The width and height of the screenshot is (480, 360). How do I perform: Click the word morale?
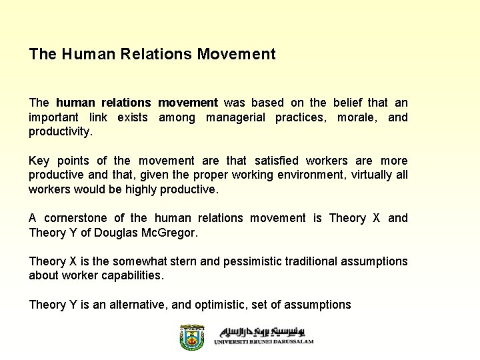click(x=359, y=117)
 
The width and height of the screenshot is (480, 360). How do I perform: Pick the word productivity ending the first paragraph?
click(x=60, y=132)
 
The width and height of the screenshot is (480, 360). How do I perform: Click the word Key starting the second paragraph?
click(x=39, y=161)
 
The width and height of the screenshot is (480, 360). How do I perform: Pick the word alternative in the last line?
click(x=137, y=305)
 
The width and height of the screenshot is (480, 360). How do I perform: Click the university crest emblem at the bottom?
click(x=193, y=337)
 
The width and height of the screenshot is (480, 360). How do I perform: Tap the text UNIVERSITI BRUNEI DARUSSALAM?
click(x=264, y=341)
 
